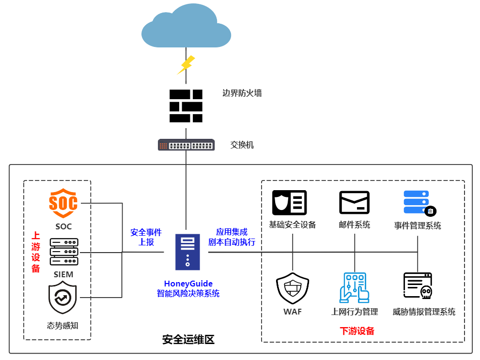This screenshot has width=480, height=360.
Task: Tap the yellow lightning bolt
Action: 186,64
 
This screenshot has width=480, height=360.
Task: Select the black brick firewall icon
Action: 186,106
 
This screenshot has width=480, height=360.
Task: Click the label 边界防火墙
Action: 242,93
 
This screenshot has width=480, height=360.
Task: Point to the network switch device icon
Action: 186,145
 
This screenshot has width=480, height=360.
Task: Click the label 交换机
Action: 242,145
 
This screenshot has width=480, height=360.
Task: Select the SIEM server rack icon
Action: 64,252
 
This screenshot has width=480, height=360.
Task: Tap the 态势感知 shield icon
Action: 63,298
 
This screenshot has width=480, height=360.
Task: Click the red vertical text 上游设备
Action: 36,252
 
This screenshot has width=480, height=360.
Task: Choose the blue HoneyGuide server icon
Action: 187,252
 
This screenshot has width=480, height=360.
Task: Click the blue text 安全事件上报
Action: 146,237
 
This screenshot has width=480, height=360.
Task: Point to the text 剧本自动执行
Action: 232,242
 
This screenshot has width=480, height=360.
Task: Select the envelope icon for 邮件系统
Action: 355,202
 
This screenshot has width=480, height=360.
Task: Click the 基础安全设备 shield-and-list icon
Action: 290,202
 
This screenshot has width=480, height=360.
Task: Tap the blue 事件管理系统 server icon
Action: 419,203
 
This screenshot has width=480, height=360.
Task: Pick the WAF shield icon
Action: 293,288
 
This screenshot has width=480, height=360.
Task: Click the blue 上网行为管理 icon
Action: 355,288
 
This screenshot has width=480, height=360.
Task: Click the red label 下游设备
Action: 357,331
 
